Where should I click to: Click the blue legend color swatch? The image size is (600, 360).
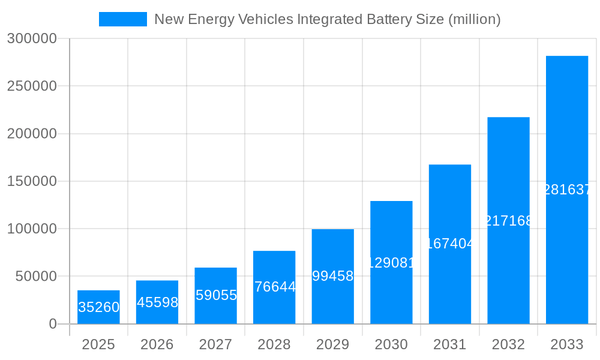point(123,19)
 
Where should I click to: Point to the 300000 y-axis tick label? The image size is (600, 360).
point(32,39)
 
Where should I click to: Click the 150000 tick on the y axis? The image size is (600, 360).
point(32,181)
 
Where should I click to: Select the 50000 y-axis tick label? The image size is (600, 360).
point(35,277)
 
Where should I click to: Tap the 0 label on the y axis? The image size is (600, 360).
point(52,324)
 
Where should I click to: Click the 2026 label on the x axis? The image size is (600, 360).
point(157,344)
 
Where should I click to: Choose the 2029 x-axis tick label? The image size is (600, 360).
point(332,344)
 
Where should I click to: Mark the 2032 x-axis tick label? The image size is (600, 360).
point(508,344)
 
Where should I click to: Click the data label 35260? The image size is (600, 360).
point(98,307)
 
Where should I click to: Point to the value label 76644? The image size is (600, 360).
point(274,287)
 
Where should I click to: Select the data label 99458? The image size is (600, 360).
point(332,276)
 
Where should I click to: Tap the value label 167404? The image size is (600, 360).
point(450,244)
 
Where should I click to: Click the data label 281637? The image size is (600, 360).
point(567,190)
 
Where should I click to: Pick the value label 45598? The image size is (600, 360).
point(157,302)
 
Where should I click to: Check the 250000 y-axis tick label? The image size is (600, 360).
point(32,86)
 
